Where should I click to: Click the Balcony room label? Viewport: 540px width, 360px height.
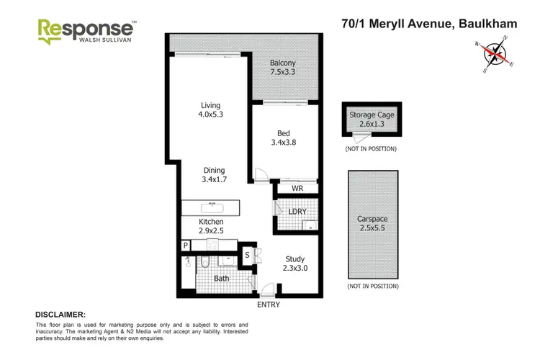pyautogui.click(x=283, y=67)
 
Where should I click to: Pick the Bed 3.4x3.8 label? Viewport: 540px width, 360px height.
pyautogui.click(x=283, y=138)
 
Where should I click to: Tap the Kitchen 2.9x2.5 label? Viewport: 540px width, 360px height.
pyautogui.click(x=212, y=226)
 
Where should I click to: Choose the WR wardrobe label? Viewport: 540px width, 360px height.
pyautogui.click(x=297, y=189)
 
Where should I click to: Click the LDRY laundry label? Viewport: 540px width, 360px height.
pyautogui.click(x=297, y=210)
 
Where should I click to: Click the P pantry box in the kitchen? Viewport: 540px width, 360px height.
pyautogui.click(x=186, y=246)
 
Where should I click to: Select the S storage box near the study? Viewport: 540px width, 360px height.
pyautogui.click(x=247, y=254)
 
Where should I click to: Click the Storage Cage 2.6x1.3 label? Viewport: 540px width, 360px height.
pyautogui.click(x=372, y=120)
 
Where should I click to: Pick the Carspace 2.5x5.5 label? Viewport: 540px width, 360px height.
pyautogui.click(x=372, y=224)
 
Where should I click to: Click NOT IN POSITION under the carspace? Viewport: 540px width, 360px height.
pyautogui.click(x=372, y=287)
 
